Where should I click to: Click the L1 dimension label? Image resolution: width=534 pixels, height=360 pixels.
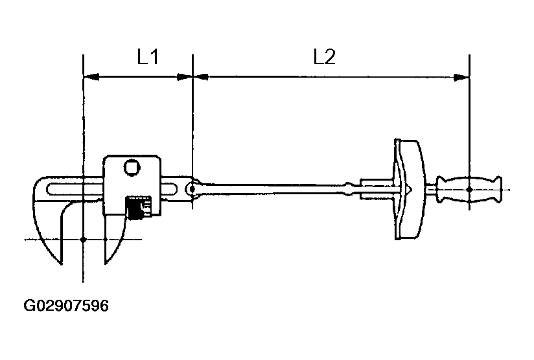[148, 58]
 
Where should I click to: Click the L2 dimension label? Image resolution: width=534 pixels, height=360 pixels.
[324, 58]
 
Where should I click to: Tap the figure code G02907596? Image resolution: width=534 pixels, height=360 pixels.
[66, 305]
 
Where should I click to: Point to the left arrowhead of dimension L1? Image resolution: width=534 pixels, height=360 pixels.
[91, 77]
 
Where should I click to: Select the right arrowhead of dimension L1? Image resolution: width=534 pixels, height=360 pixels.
[185, 77]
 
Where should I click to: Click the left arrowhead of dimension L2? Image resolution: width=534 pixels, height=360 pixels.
[200, 77]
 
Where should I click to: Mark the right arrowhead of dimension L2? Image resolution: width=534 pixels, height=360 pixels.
[462, 77]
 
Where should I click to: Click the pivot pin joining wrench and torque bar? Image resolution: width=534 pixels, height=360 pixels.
[192, 188]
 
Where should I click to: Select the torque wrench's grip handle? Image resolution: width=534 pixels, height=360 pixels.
[469, 189]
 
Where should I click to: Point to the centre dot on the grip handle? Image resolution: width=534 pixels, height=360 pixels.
[469, 189]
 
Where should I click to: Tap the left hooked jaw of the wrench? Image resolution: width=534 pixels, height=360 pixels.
[48, 220]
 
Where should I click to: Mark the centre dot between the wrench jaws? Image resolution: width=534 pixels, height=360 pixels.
[84, 240]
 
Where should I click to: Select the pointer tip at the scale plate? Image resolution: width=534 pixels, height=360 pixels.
[411, 188]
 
